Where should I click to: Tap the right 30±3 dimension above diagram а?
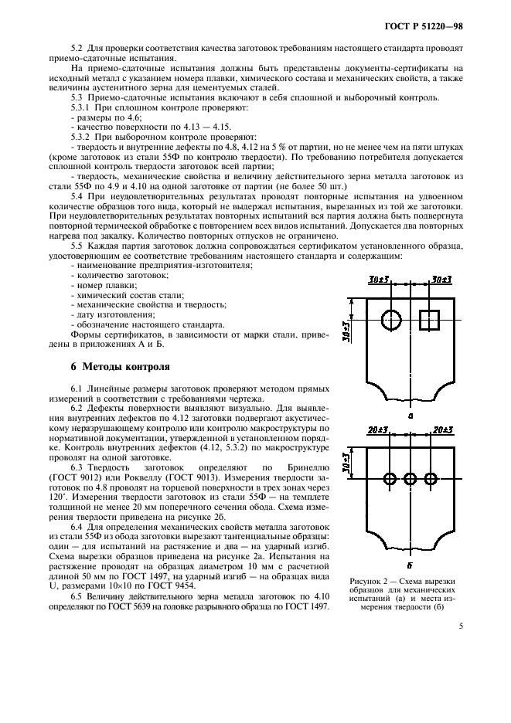tap(445, 278)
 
